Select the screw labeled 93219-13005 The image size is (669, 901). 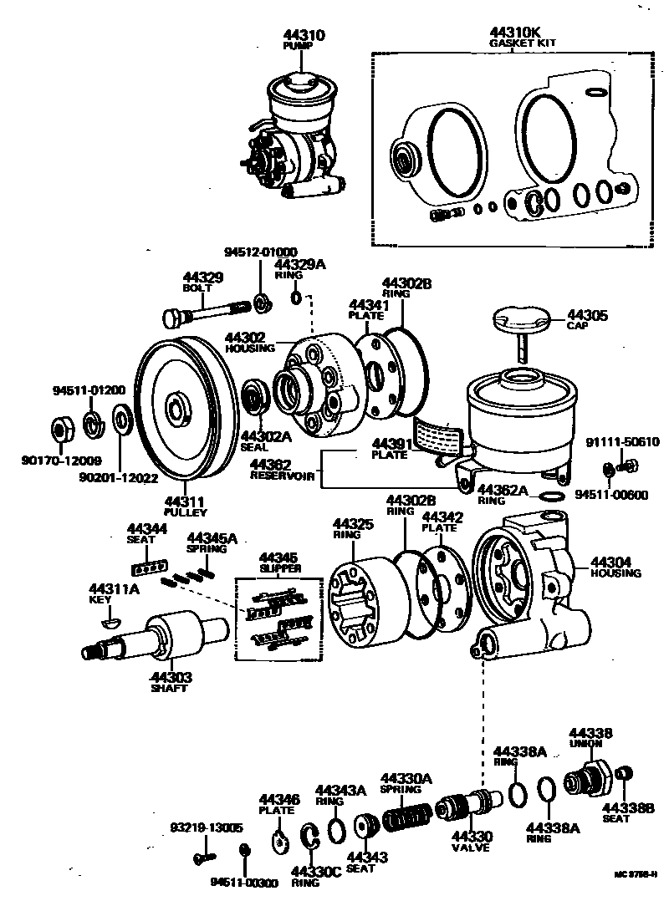pos(200,857)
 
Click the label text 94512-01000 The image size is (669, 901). pos(260,252)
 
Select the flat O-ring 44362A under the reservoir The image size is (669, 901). pos(550,497)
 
